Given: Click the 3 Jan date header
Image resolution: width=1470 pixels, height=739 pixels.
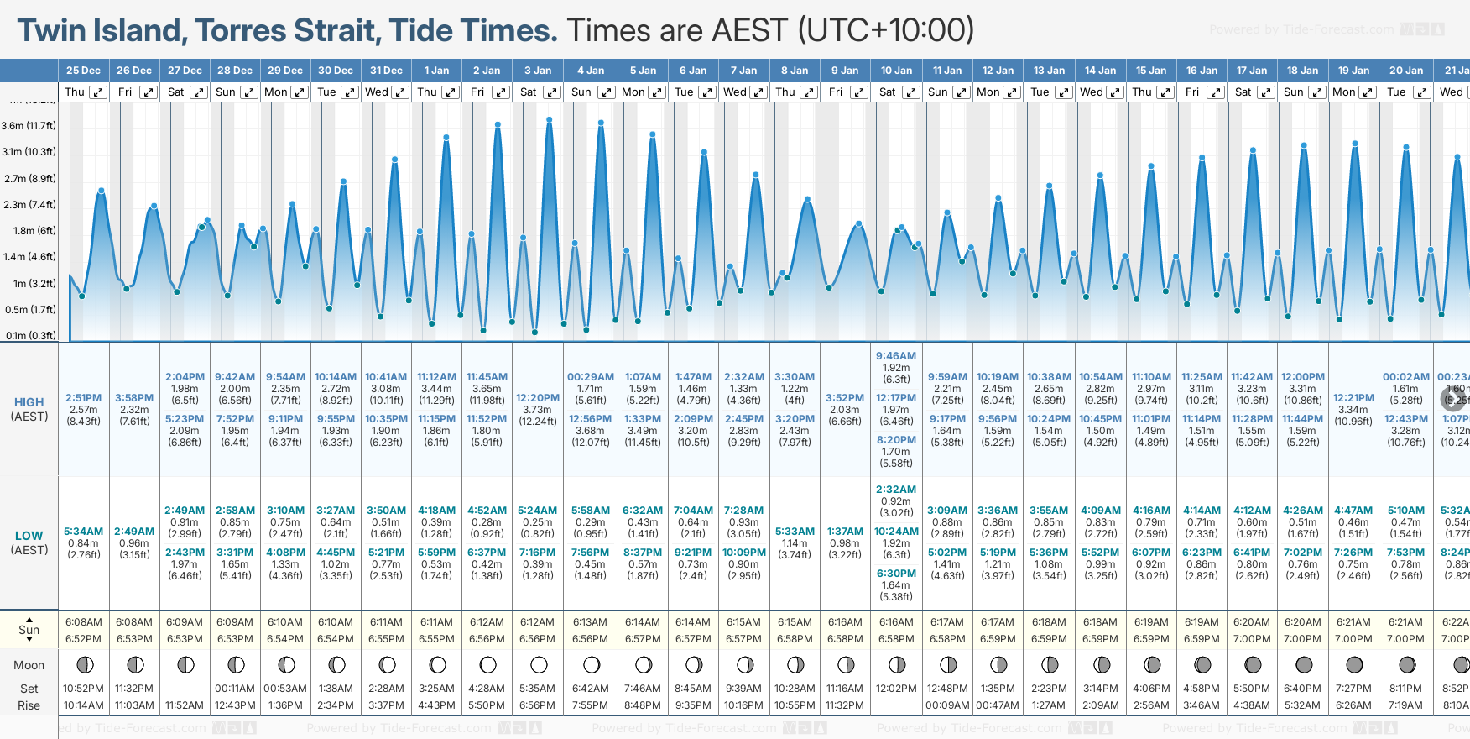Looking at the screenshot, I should tap(538, 71).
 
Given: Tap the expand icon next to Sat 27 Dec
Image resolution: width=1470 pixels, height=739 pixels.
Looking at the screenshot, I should tap(199, 92).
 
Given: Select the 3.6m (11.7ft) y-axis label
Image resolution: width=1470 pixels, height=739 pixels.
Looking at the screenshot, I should tap(29, 126).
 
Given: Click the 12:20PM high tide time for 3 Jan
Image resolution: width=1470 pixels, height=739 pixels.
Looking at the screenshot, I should tap(538, 398).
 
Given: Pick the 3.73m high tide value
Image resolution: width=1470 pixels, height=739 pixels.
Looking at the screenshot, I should tap(538, 410).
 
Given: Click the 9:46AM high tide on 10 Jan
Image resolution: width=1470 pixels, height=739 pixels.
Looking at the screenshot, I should tap(896, 356).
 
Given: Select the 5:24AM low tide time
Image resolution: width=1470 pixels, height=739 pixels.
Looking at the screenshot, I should tap(538, 511).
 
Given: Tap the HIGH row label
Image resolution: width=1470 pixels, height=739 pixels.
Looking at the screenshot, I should tap(29, 403).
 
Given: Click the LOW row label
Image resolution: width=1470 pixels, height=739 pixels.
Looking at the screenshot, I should tap(29, 536).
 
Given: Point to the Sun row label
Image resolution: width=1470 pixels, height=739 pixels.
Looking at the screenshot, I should tap(29, 630).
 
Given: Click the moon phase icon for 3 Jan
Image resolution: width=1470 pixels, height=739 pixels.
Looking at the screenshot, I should tap(539, 665).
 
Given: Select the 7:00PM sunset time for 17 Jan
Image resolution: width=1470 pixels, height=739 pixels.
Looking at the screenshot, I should tap(1252, 639).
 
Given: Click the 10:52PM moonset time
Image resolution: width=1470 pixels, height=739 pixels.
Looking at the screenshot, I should tap(84, 689).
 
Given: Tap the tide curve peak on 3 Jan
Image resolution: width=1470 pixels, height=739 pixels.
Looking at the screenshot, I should tap(550, 119).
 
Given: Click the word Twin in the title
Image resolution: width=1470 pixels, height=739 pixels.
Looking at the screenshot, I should tap(53, 31).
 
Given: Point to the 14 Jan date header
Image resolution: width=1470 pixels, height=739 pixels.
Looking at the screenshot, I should tap(1100, 71).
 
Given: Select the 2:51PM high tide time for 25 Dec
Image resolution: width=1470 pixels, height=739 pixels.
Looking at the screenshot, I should tap(84, 398).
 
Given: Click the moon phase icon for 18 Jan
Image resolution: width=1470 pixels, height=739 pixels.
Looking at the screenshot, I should tap(1304, 665).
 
